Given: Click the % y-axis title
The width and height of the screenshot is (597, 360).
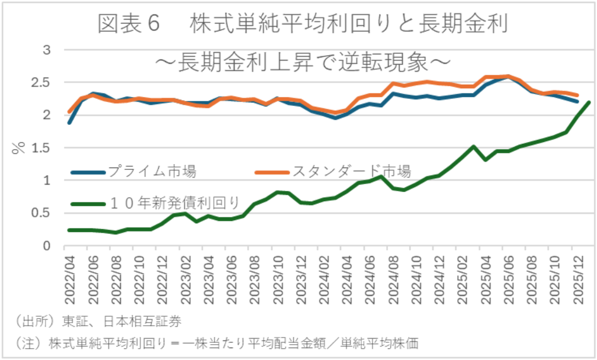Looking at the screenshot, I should pos(18,147).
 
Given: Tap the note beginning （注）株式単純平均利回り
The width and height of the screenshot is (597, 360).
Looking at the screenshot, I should pos(216,344).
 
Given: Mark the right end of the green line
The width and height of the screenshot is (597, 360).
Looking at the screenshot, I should pos(589,102).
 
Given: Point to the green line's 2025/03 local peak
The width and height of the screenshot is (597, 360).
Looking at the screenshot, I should pos(474,146).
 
